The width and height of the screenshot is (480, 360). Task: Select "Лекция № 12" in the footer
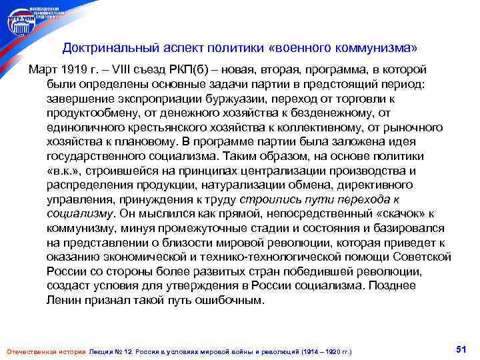[x=111, y=351]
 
